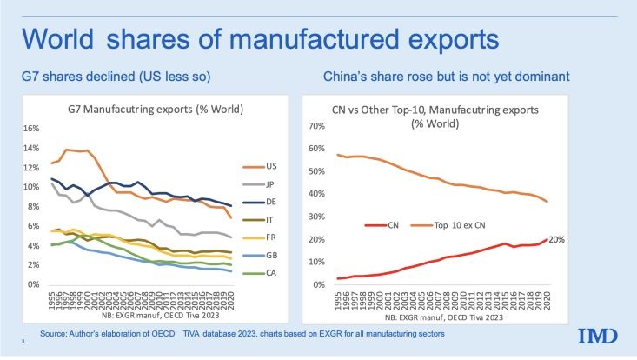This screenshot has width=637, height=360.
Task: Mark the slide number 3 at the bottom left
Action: tap(23, 345)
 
